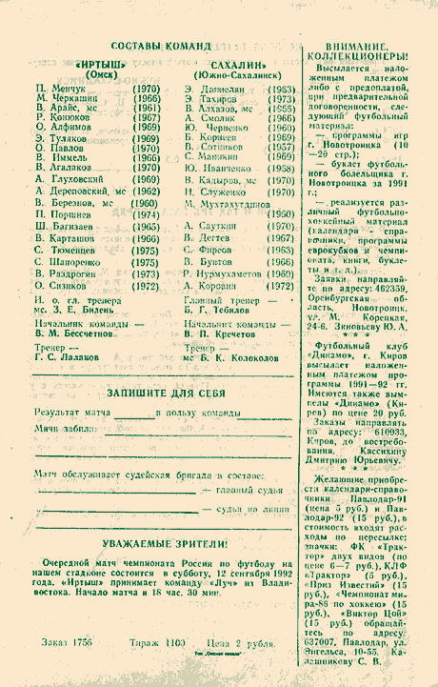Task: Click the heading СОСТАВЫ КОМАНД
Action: pyautogui.click(x=161, y=46)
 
